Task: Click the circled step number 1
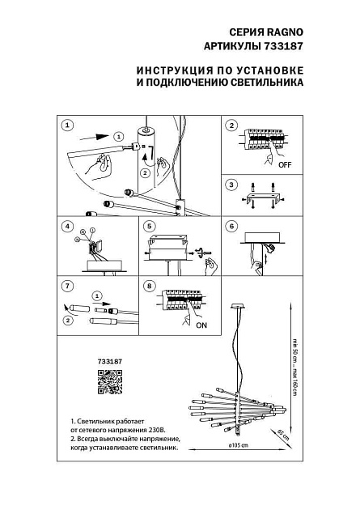coord(67,126)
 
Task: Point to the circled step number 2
coord(231,126)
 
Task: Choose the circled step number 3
coord(231,185)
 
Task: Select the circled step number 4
coord(67,227)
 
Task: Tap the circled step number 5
coord(149,227)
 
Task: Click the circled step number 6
coord(231,227)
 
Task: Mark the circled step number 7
coord(67,286)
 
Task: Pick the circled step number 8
coord(149,286)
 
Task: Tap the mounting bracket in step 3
coord(263,197)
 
